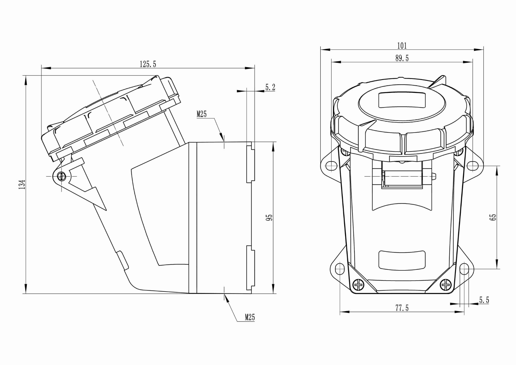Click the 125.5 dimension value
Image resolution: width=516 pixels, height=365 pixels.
[x=148, y=64]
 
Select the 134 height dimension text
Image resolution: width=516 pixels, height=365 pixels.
[x=22, y=184]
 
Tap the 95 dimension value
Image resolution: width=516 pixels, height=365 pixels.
[x=269, y=217]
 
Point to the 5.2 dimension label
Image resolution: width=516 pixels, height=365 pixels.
[x=270, y=87]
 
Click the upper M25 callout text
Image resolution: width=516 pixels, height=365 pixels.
[x=201, y=114]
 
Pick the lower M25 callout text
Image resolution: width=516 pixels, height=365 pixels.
[x=249, y=317]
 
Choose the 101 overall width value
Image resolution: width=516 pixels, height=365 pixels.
[x=402, y=46]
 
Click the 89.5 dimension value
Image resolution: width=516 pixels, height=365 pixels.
[x=402, y=59]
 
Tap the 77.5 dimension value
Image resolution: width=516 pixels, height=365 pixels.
[x=402, y=308]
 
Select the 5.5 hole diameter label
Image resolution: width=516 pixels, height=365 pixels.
[x=484, y=300]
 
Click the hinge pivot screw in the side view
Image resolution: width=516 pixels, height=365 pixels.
[x=61, y=176]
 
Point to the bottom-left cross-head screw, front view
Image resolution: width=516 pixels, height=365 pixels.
[x=359, y=285]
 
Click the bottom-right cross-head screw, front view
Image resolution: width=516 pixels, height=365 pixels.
[x=446, y=285]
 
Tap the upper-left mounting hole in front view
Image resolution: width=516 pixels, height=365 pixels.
[x=331, y=165]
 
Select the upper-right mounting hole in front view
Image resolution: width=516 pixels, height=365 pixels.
[x=472, y=165]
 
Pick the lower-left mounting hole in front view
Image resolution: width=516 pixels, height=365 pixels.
[x=340, y=269]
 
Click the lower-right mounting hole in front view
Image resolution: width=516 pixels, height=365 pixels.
[x=464, y=269]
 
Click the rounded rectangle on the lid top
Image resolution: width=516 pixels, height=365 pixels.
[x=402, y=100]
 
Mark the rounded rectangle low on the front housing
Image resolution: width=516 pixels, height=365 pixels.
[x=402, y=260]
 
